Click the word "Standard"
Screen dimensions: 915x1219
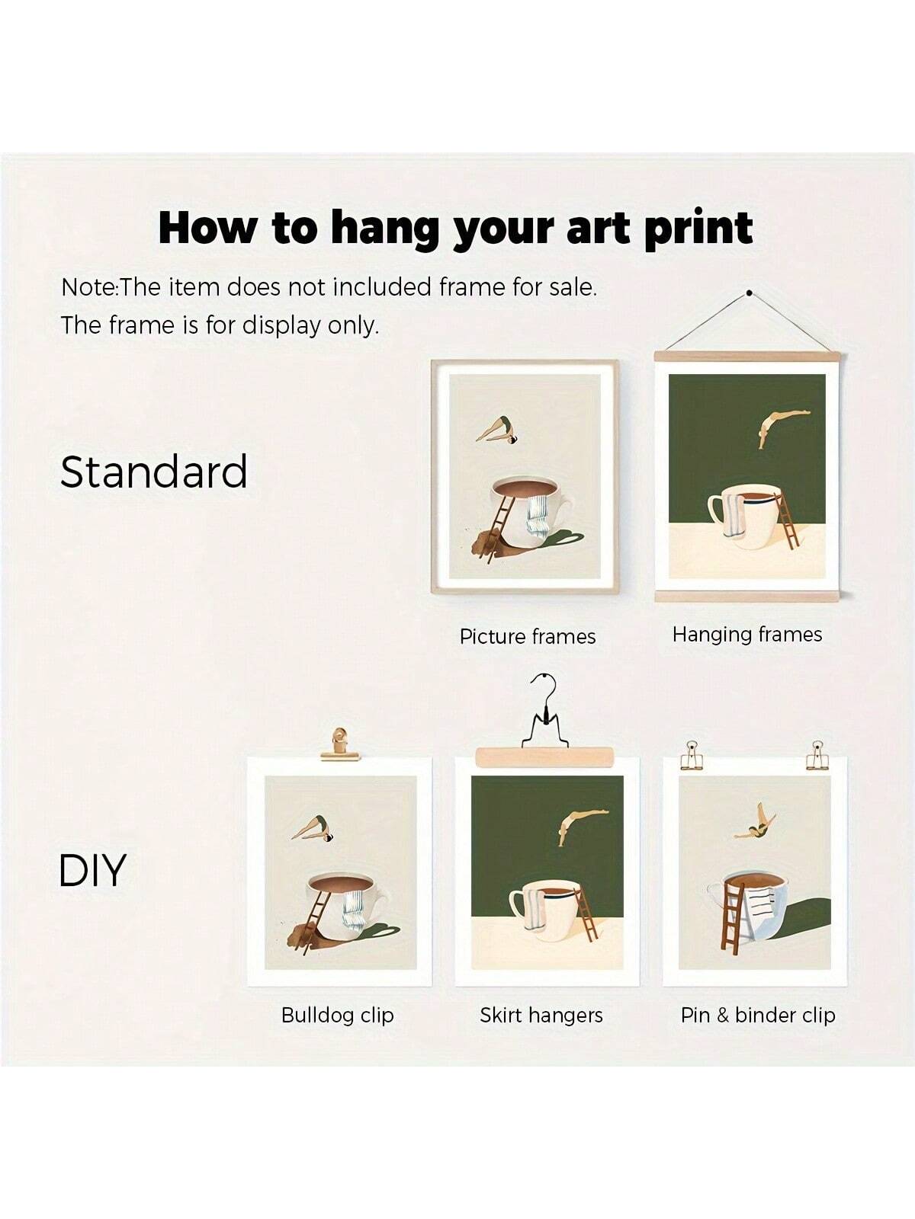click(x=153, y=472)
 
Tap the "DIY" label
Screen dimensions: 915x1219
click(x=92, y=870)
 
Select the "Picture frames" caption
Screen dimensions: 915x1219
click(x=527, y=636)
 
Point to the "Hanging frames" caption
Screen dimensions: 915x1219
click(x=747, y=635)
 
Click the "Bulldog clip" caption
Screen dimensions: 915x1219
click(x=338, y=1015)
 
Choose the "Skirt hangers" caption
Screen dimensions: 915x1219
click(x=541, y=1015)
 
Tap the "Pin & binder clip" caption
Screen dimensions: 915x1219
click(x=759, y=1015)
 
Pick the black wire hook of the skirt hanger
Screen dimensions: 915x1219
click(x=545, y=716)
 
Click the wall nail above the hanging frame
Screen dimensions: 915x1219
click(x=750, y=293)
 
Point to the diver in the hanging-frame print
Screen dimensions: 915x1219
click(x=783, y=427)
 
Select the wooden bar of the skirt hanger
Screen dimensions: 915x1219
click(x=544, y=757)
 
